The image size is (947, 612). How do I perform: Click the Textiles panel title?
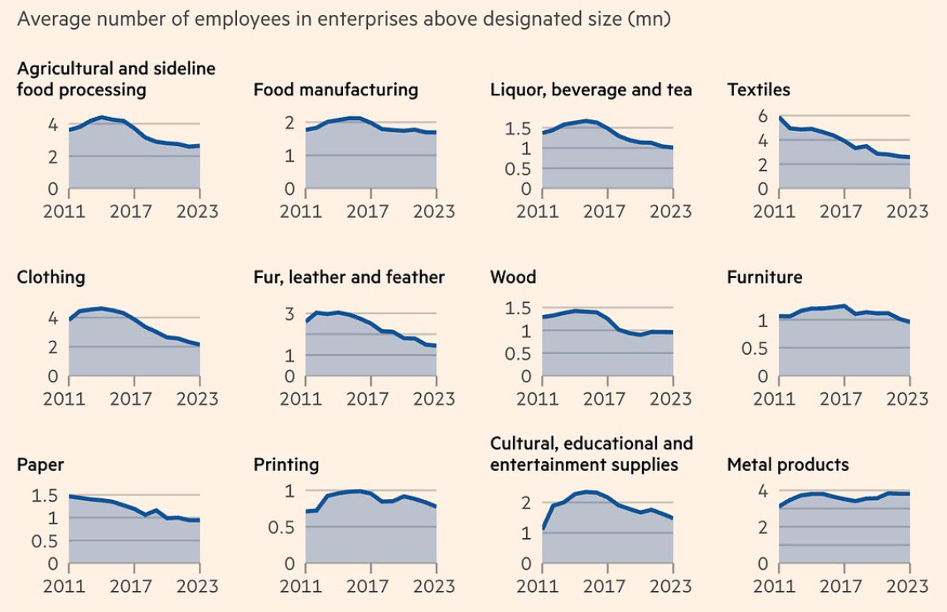click(758, 90)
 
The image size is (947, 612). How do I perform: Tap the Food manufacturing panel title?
click(336, 90)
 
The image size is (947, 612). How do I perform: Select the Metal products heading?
click(787, 464)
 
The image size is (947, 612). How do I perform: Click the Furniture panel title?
click(764, 277)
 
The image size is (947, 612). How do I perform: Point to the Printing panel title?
click(286, 464)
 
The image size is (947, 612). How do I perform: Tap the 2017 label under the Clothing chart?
click(131, 399)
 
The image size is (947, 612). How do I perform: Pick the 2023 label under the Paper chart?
click(197, 586)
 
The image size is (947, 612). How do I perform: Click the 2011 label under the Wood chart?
click(538, 399)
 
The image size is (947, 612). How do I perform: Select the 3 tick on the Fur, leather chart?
click(289, 313)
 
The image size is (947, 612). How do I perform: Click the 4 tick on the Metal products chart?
click(762, 490)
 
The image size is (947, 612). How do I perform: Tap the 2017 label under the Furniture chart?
click(841, 399)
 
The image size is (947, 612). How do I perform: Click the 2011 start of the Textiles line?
click(780, 117)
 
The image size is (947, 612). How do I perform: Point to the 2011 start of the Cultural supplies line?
click(543, 527)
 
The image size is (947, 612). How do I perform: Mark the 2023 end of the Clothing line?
click(200, 344)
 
